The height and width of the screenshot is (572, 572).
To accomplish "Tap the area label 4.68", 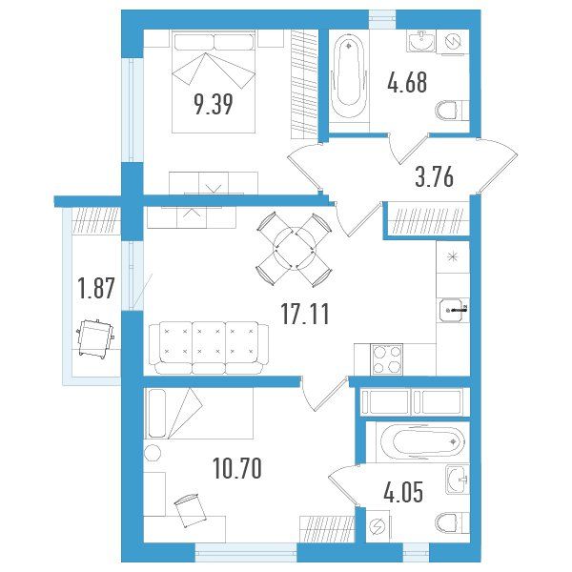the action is click(407, 82).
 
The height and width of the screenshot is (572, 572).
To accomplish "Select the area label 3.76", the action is click(435, 176).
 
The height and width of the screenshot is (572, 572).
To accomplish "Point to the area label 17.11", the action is click(305, 314).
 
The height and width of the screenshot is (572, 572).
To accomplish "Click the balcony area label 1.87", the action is click(96, 288).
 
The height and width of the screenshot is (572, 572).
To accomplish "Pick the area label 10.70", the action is click(237, 469).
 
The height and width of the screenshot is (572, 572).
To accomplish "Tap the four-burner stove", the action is click(387, 359).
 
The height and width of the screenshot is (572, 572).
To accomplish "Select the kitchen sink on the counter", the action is click(454, 311).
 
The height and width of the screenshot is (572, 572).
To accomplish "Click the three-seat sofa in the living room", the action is click(209, 348).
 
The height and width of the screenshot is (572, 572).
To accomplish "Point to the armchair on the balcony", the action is click(95, 338).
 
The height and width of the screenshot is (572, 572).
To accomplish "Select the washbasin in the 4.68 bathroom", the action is click(421, 42).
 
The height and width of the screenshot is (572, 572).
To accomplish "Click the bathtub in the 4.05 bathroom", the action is click(423, 442).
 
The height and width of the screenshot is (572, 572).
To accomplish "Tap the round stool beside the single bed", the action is click(153, 453).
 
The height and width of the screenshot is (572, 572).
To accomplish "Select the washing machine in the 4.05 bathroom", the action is click(378, 526).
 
